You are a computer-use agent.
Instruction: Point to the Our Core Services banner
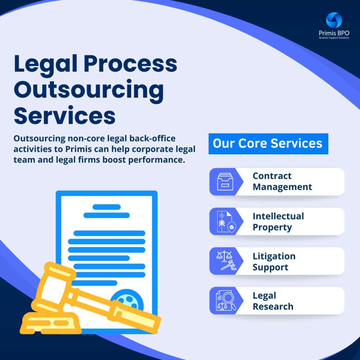[268, 144]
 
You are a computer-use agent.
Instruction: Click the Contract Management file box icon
[225, 182]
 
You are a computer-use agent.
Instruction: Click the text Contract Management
[282, 181]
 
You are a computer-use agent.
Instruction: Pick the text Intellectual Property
[278, 222]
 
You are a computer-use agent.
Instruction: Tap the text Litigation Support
[274, 262]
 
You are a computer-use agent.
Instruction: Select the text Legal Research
[273, 301]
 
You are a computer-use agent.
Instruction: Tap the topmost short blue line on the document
[107, 207]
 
